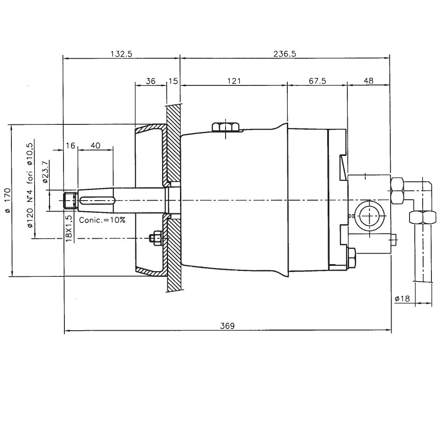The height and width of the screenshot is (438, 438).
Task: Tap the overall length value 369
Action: coord(227,326)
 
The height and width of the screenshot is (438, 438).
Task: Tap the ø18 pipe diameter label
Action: coord(402,298)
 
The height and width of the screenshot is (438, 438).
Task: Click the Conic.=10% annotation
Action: coord(102,220)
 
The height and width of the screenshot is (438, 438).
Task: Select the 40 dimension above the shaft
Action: coord(95,145)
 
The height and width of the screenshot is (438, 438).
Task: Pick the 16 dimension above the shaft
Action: coord(71,145)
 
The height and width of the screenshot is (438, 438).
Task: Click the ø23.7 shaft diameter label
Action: coord(45,172)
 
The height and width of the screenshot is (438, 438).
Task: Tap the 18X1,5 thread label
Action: coord(68,226)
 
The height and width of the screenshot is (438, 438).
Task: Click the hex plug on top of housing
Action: coord(225,127)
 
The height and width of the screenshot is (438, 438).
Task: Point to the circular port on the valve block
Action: coord(371,216)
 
